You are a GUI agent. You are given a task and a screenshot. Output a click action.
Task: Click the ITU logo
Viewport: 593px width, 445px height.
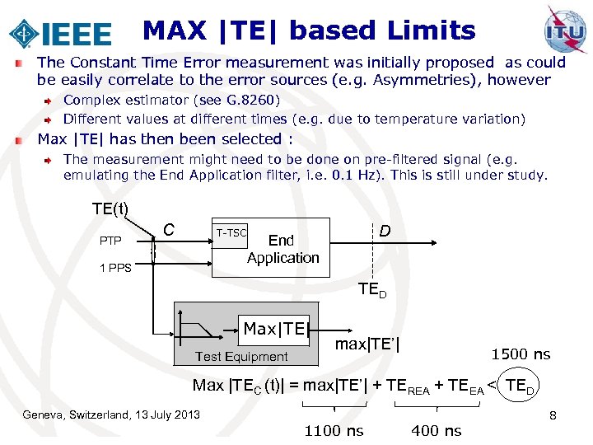(x=566, y=29)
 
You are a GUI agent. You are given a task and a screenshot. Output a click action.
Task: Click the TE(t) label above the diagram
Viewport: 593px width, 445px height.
(x=110, y=208)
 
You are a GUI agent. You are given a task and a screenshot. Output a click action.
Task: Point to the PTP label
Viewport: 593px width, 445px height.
(x=110, y=241)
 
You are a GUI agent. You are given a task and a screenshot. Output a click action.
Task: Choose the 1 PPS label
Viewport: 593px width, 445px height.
(x=115, y=268)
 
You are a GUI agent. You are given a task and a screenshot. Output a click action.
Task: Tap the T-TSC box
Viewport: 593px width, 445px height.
(x=231, y=233)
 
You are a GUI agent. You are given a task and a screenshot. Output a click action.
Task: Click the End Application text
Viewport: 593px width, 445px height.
(x=282, y=249)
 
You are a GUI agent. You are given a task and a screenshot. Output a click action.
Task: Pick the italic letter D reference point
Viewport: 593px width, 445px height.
(x=384, y=232)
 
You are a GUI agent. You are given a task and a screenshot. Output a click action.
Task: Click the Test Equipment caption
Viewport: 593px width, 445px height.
(x=241, y=357)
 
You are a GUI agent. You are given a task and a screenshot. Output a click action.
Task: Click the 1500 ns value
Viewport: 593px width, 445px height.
(x=521, y=354)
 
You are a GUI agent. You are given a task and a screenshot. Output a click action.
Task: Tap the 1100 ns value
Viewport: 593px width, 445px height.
(x=334, y=430)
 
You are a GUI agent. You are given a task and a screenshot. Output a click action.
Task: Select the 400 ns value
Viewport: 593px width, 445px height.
(x=436, y=430)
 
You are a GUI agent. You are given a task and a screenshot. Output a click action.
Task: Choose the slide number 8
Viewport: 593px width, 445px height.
(x=553, y=415)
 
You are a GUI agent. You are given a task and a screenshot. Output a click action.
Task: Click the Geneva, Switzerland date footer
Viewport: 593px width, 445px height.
(x=111, y=414)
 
